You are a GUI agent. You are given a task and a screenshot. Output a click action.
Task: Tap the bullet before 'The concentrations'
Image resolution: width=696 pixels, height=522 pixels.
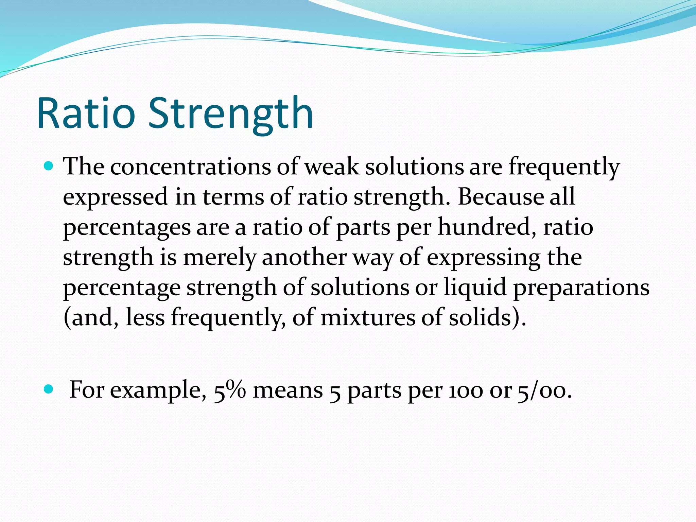49,166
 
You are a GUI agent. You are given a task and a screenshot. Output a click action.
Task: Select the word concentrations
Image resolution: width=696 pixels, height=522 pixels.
190,167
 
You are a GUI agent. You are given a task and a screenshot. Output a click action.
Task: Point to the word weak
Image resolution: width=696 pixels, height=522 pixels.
331,167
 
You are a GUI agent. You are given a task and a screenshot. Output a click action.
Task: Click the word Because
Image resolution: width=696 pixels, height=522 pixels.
501,197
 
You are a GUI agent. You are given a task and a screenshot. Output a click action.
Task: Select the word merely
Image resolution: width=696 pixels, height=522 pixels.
219,257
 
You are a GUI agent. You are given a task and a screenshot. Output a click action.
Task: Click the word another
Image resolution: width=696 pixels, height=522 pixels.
304,257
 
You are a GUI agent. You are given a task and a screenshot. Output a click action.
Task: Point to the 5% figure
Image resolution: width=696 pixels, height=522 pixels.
230,390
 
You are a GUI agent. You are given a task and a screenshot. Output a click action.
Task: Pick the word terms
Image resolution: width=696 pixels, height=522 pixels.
233,197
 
